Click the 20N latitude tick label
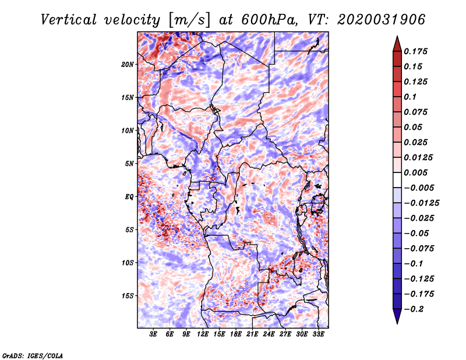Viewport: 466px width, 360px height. tap(128, 65)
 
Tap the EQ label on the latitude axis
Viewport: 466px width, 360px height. tap(129, 197)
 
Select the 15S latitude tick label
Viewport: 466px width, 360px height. tap(128, 296)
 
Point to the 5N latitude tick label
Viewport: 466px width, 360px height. tap(129, 164)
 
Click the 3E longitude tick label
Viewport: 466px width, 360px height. tap(153, 334)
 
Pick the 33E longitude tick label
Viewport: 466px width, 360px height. tap(318, 334)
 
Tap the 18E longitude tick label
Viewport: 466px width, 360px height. tap(236, 334)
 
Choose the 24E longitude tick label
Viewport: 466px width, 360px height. tap(269, 334)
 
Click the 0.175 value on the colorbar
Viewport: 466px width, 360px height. tap(416, 51)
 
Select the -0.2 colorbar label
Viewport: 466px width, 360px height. tap(414, 309)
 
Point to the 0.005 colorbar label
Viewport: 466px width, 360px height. tap(416, 172)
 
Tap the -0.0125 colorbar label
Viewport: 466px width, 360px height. tap(422, 203)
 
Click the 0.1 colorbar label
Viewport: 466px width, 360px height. tap(410, 97)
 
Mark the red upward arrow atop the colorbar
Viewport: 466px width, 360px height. tap(397, 44)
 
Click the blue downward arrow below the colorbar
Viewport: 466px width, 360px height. tap(397, 316)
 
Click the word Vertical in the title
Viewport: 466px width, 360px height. tap(69, 20)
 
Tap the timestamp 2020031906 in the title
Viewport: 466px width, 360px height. tap(382, 20)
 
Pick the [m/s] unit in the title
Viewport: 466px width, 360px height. tap(189, 20)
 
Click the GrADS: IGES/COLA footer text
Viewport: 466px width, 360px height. tap(33, 355)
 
